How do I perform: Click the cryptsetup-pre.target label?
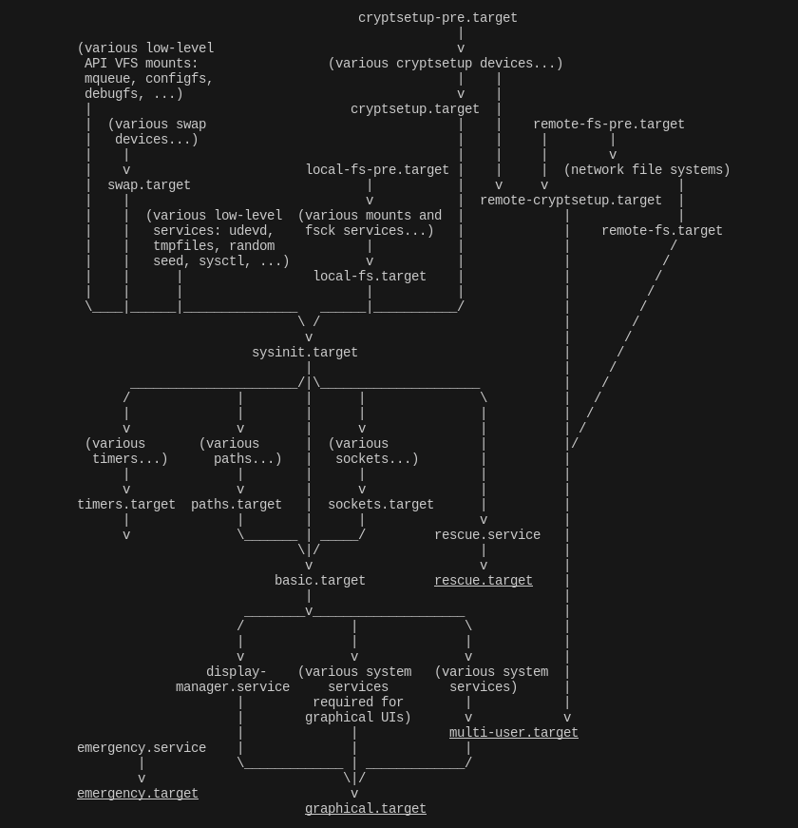click(x=438, y=18)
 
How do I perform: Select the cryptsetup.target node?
click(x=415, y=109)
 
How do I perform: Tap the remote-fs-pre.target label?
click(x=609, y=125)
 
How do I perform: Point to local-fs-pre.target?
click(x=377, y=170)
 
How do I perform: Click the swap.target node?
click(x=149, y=185)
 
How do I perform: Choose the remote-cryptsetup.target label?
click(x=571, y=201)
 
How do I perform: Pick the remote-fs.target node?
click(x=662, y=231)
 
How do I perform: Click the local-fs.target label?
click(x=370, y=277)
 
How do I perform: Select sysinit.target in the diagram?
click(x=305, y=353)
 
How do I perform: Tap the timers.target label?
click(x=126, y=505)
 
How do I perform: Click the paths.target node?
click(x=237, y=505)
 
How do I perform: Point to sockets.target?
click(x=381, y=505)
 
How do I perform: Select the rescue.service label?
click(x=487, y=535)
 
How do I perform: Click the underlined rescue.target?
click(x=484, y=581)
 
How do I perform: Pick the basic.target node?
click(x=320, y=581)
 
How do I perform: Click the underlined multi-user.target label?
click(x=514, y=733)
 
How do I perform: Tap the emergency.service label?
click(x=142, y=748)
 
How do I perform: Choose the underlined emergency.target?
click(x=138, y=794)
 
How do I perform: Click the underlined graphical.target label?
click(x=366, y=809)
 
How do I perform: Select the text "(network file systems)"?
click(x=647, y=170)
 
